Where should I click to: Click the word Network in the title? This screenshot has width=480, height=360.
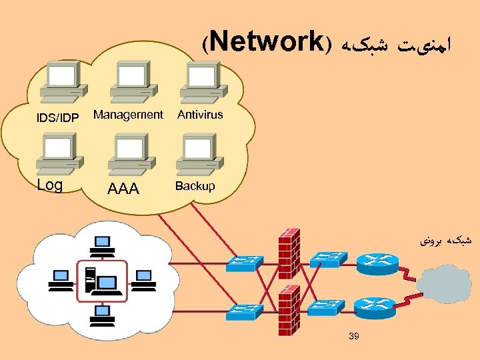pyautogui.click(x=269, y=42)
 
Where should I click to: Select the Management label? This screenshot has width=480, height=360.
pyautogui.click(x=128, y=115)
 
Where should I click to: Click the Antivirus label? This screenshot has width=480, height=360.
pyautogui.click(x=200, y=115)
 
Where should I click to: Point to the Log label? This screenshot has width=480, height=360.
pyautogui.click(x=49, y=185)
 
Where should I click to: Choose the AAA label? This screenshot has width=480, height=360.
pyautogui.click(x=123, y=189)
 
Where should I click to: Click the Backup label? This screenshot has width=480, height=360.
pyautogui.click(x=195, y=186)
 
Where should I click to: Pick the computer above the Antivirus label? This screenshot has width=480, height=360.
pyautogui.click(x=204, y=81)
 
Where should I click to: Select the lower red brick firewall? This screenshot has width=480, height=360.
pyautogui.click(x=288, y=309)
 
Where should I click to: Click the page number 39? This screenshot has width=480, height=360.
pyautogui.click(x=353, y=336)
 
